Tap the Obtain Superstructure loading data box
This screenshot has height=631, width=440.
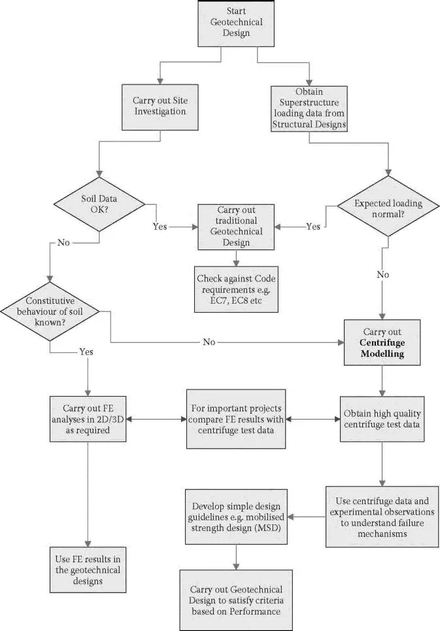pyautogui.click(x=309, y=105)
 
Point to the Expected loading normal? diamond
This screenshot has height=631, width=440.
pyautogui.click(x=388, y=209)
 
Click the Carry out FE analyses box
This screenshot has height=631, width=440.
pyautogui.click(x=87, y=415)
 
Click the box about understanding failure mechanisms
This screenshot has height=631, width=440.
pyautogui.click(x=382, y=516)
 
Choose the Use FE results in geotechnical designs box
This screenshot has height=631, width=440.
pyautogui.click(x=87, y=561)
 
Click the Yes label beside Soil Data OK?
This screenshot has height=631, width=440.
pyautogui.click(x=160, y=226)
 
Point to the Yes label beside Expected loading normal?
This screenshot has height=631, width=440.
pyautogui.click(x=314, y=226)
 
